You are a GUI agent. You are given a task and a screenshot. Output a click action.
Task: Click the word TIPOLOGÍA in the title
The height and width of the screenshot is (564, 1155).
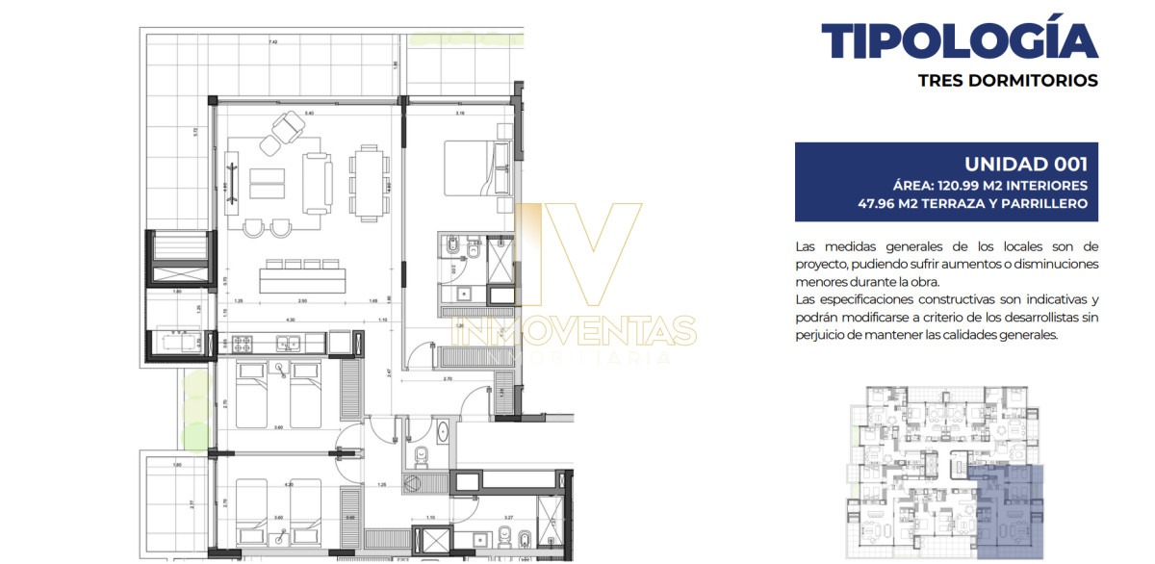point(959,40)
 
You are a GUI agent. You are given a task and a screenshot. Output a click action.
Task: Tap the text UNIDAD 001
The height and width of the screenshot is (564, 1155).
point(1025,164)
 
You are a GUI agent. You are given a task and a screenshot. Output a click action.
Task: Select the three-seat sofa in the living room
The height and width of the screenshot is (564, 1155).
point(316,183)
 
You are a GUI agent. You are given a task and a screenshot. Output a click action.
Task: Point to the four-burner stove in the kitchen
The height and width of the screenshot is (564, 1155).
point(239,343)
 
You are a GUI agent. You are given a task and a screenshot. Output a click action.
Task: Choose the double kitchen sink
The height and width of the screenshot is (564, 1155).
point(287,343)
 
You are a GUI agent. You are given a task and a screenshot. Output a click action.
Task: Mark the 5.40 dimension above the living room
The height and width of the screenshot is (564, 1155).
point(309,114)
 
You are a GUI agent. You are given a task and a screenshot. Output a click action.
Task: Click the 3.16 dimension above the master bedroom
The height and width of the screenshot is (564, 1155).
point(460,114)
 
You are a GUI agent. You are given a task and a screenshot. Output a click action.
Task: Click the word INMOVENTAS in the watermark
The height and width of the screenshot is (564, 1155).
point(578,330)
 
